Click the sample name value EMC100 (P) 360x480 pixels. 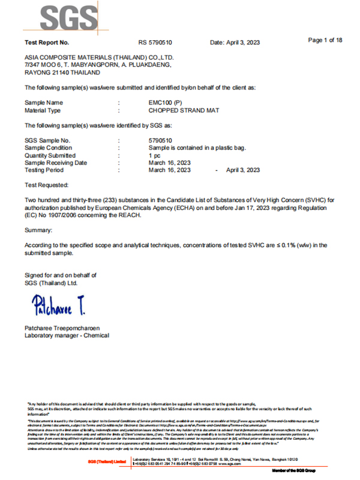[167, 103]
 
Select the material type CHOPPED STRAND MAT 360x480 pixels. [184, 111]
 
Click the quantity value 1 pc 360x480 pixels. [154, 155]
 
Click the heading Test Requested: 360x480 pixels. [46, 186]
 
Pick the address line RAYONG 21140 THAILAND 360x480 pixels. [62, 72]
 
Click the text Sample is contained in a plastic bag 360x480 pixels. [197, 148]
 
